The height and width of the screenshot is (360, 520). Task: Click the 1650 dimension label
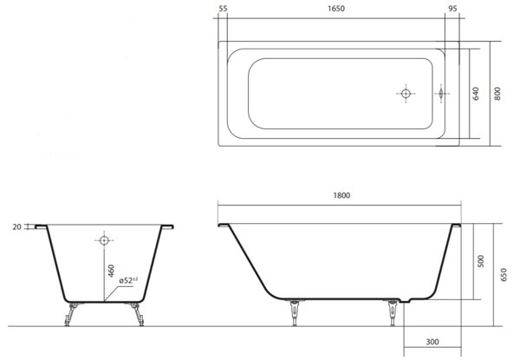point(336,9)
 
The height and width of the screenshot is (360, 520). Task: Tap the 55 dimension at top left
point(224,9)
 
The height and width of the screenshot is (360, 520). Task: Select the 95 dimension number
point(452,9)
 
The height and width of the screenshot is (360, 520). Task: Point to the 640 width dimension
point(476,94)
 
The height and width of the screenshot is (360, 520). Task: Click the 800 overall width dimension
point(497,94)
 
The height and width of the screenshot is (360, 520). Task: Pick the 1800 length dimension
point(341,195)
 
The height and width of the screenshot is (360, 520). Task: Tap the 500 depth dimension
point(481,261)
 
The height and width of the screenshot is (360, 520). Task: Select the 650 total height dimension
point(504,275)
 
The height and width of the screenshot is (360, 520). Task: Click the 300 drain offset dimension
point(432,342)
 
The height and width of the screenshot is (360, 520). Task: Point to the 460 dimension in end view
point(112,271)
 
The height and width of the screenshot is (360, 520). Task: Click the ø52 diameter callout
point(128,280)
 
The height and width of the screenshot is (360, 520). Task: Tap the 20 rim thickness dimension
point(16,227)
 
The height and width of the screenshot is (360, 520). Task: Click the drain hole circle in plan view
point(406,94)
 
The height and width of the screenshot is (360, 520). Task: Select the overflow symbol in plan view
point(441,94)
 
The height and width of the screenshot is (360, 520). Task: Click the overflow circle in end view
point(104,240)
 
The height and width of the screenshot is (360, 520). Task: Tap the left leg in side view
point(295,313)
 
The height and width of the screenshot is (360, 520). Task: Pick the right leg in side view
point(393,313)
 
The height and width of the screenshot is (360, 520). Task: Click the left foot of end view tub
point(70,314)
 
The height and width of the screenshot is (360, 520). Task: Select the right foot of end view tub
point(137,314)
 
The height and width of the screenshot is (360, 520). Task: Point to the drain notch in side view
point(406,301)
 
